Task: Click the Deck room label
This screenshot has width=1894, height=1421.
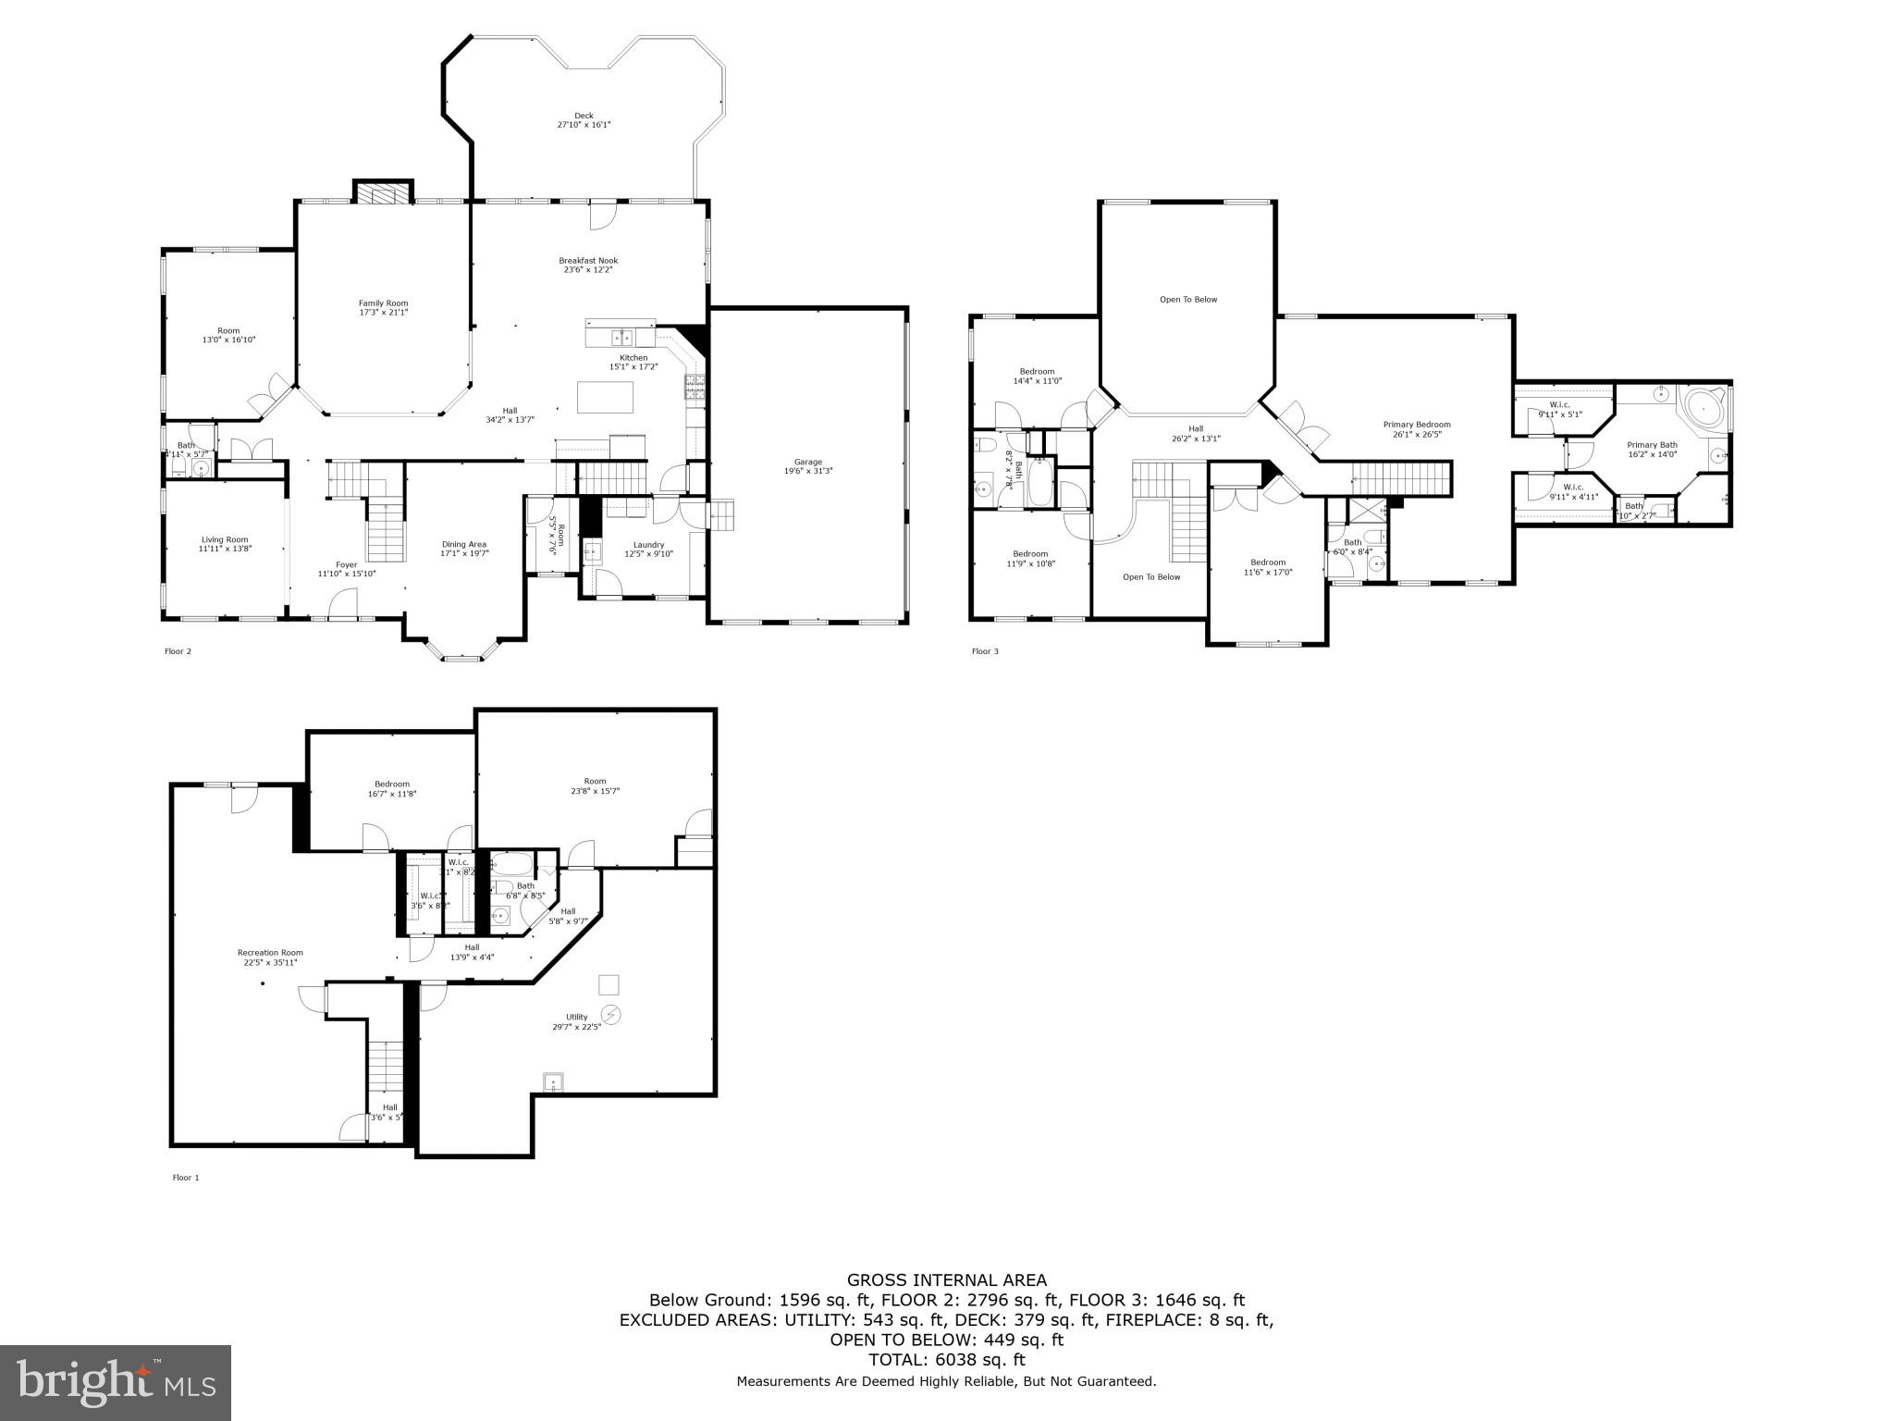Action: pyautogui.click(x=584, y=116)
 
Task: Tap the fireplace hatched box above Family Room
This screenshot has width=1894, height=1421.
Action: pyautogui.click(x=383, y=193)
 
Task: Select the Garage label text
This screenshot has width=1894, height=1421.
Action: pyautogui.click(x=807, y=462)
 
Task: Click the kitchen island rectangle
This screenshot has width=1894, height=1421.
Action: pyautogui.click(x=606, y=397)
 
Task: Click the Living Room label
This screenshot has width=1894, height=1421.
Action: pyautogui.click(x=225, y=539)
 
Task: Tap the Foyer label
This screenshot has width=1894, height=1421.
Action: pyautogui.click(x=346, y=564)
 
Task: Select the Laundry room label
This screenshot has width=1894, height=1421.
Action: pyautogui.click(x=649, y=545)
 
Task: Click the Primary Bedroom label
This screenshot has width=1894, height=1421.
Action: pyautogui.click(x=1417, y=425)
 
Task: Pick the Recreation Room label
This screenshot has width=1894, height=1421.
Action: pyautogui.click(x=270, y=953)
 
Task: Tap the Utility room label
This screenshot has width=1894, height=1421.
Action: pyautogui.click(x=577, y=1017)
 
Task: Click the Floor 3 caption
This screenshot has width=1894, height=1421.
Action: pyautogui.click(x=985, y=651)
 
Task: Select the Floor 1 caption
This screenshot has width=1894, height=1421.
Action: pyautogui.click(x=186, y=1178)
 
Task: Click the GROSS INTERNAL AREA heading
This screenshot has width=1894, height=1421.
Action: pyautogui.click(x=947, y=1280)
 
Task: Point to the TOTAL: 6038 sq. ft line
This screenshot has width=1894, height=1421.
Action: pyautogui.click(x=947, y=1360)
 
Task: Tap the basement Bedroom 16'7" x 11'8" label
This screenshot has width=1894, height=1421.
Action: pyautogui.click(x=392, y=784)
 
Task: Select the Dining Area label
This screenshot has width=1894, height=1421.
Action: pyautogui.click(x=464, y=544)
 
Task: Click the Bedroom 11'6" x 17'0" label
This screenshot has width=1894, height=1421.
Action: pyautogui.click(x=1268, y=562)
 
